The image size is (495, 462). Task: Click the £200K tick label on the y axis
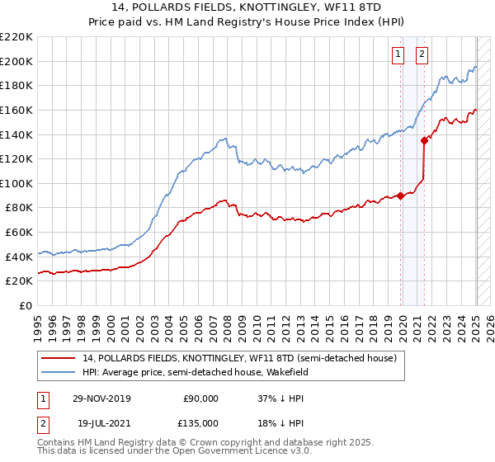point(16,61)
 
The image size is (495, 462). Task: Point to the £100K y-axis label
point(16,183)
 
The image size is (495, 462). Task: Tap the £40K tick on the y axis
point(19,257)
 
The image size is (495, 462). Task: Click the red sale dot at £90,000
point(401,196)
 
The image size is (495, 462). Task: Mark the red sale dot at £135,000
point(424,140)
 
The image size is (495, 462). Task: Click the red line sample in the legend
point(59,358)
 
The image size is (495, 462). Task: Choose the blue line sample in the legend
point(59,372)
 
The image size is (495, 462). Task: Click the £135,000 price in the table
point(200,422)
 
